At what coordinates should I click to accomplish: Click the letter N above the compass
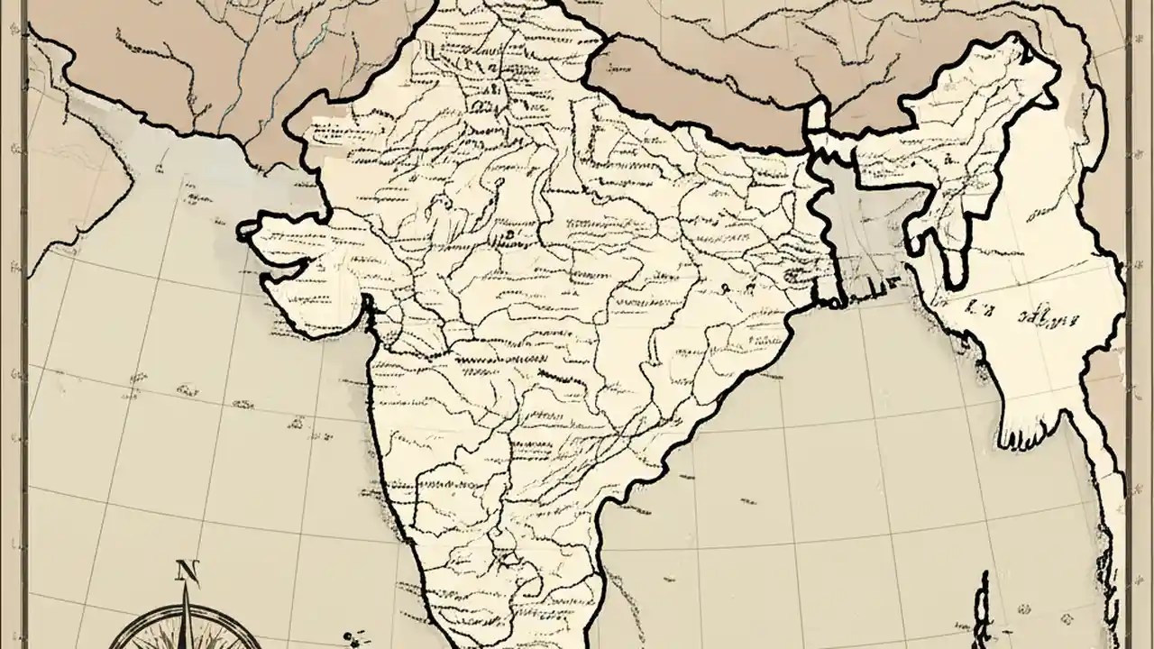[187, 571]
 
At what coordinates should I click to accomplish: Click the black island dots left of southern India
[354, 639]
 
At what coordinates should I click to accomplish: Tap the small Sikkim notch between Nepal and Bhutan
[817, 116]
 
